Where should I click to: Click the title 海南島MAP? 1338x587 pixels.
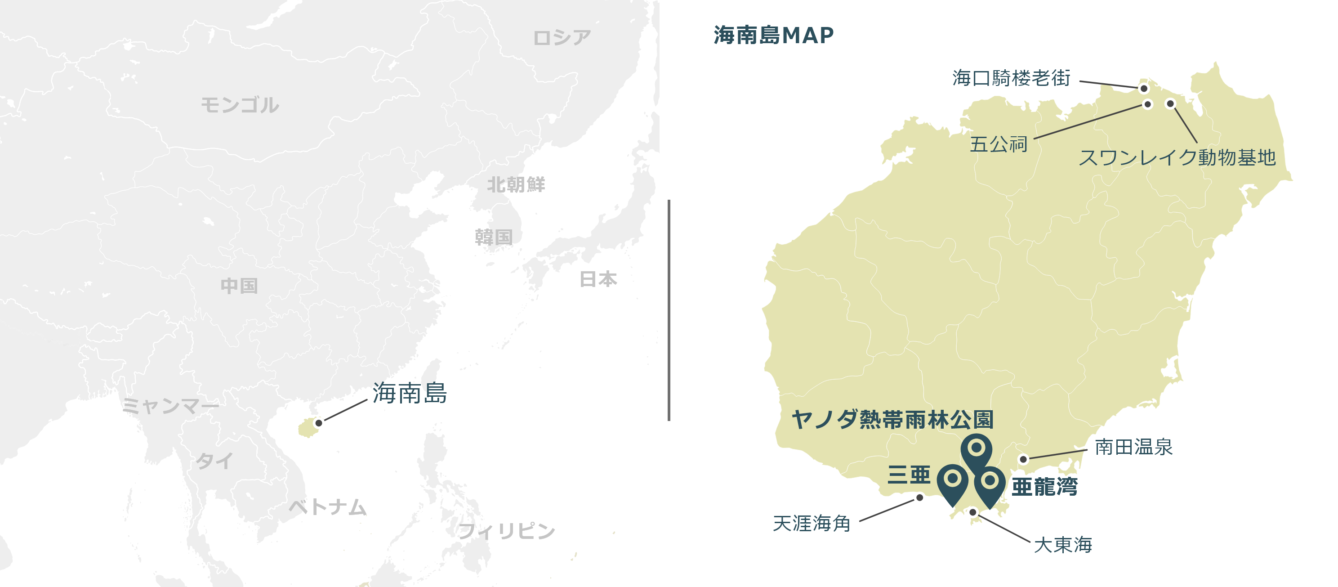773,36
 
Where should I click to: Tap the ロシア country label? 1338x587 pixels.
562,37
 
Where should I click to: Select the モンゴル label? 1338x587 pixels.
240,105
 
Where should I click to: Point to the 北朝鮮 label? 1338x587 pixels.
516,184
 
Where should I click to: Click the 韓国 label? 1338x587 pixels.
494,237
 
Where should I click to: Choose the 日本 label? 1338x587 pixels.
598,279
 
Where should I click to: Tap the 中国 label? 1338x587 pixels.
239,286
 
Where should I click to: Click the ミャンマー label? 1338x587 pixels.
170,406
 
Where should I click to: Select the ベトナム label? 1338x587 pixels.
328,507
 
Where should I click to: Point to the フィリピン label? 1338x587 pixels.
506,531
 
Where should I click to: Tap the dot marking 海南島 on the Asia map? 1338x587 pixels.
319,423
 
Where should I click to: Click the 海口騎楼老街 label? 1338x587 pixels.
1011,78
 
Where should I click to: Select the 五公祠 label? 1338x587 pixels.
998,144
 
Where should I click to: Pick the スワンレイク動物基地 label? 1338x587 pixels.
1177,157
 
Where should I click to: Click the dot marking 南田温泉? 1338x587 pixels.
1023,459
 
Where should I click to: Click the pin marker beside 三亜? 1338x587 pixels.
953,480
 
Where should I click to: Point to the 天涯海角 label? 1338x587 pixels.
812,523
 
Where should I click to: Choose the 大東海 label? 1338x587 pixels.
1063,544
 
